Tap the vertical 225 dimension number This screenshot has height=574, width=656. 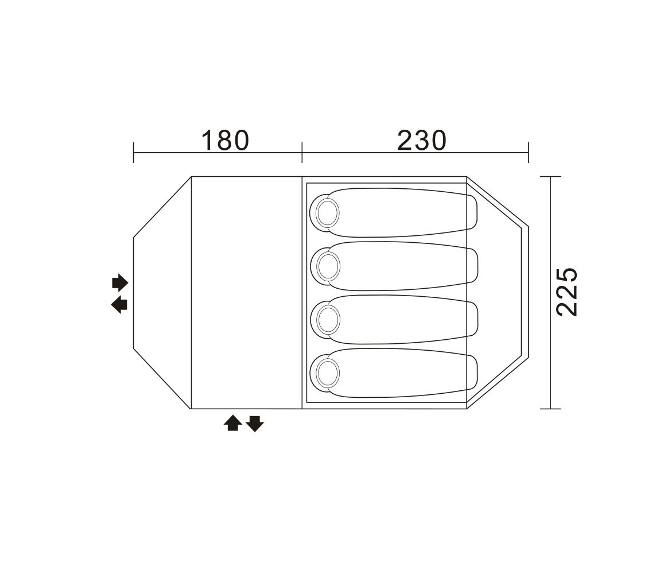click(x=567, y=292)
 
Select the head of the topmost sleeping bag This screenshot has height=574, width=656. click(x=325, y=213)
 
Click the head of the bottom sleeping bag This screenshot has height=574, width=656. click(x=325, y=373)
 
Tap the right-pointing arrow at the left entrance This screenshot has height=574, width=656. click(x=119, y=283)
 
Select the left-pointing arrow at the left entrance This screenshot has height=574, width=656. click(x=119, y=305)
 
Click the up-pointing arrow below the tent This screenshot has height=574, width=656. click(x=232, y=423)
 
